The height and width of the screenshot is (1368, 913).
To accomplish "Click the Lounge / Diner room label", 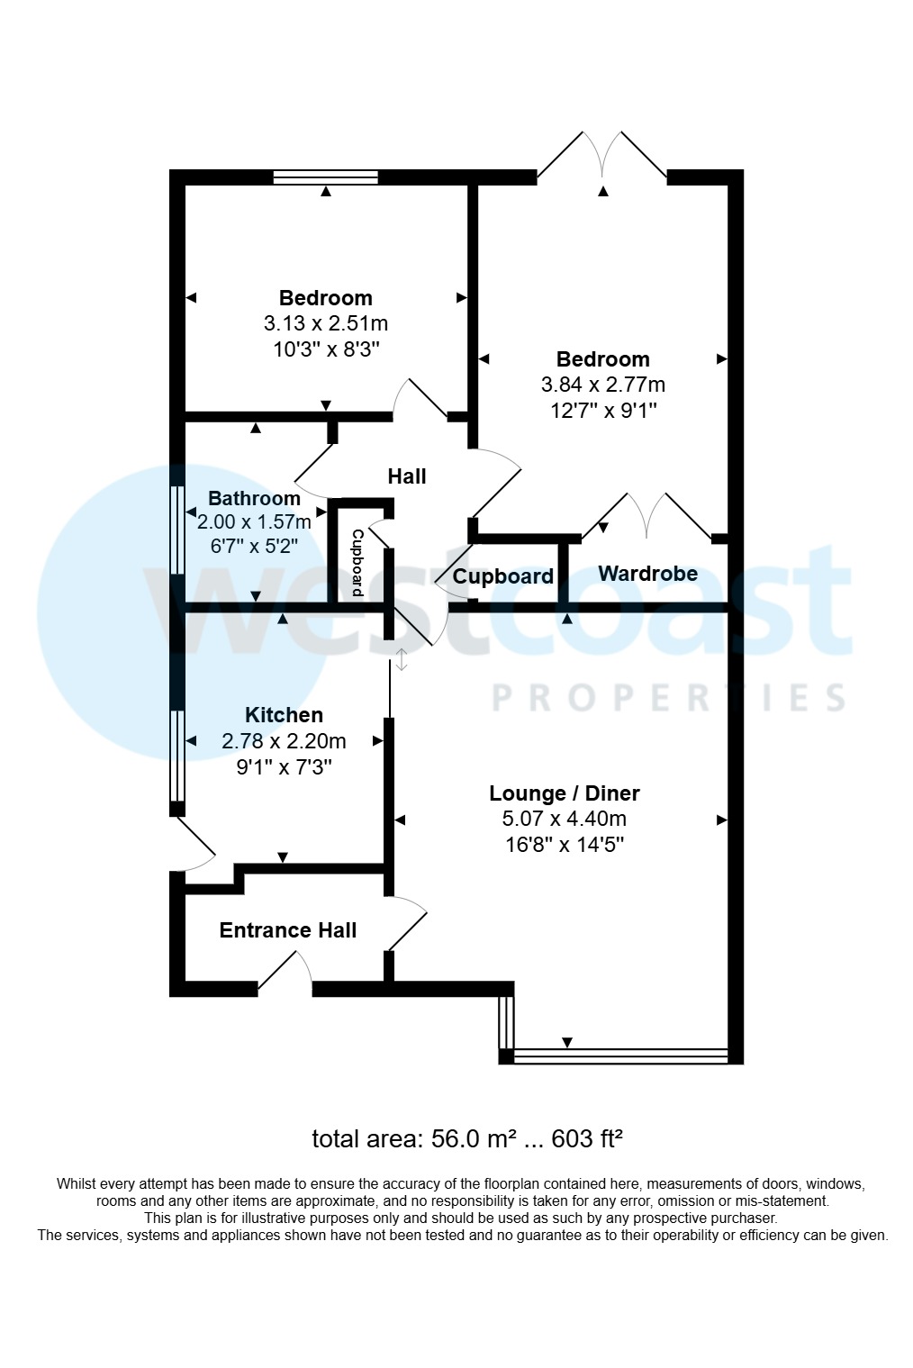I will click(565, 793).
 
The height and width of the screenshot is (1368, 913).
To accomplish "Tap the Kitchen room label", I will click(284, 715).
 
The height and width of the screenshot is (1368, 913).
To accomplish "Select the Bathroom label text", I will click(254, 499).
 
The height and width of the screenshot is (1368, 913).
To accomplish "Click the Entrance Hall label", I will click(288, 930).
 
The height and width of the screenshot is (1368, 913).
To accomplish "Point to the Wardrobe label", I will click(647, 574).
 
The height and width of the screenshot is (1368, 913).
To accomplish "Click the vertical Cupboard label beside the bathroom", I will click(357, 563).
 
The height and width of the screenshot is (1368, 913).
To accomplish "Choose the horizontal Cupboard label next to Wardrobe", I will click(502, 576).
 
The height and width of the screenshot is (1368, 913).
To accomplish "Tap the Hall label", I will click(406, 476).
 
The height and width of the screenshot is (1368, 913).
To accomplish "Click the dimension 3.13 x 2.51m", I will click(325, 323).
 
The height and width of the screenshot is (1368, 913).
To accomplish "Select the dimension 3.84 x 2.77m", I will click(602, 385).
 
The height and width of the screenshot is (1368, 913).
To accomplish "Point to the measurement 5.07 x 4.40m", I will click(565, 819).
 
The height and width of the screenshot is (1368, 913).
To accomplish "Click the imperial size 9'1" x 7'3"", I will click(284, 766).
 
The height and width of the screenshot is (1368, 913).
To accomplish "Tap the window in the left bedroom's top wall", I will click(325, 177).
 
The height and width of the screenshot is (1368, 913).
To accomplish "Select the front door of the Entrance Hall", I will click(285, 977).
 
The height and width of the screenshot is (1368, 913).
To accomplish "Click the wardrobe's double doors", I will click(646, 518).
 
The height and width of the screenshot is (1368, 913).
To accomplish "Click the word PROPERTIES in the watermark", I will click(668, 698).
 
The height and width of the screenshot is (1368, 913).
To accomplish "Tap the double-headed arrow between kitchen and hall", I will click(402, 659).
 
